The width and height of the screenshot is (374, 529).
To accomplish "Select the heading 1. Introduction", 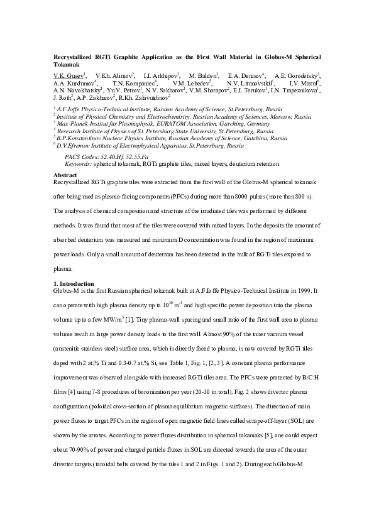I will pos(74,284).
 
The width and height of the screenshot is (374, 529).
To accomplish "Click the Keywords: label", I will pos(79,162).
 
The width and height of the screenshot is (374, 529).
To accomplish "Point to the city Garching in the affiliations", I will pos(219,124).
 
